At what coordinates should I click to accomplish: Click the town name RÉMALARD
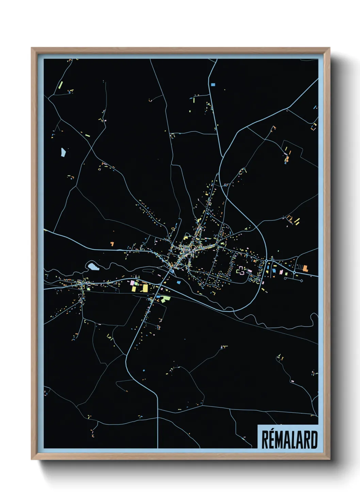tap(290, 440)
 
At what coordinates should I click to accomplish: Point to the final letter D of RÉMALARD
tap(313, 440)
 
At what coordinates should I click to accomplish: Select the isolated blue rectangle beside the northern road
tap(213, 84)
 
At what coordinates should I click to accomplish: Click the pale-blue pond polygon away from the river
tap(63, 152)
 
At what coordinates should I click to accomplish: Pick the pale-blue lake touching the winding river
tap(93, 266)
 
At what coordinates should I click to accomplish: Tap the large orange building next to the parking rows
tap(305, 268)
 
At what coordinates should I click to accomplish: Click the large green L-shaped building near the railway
tap(166, 299)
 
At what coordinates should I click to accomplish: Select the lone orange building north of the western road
tap(112, 244)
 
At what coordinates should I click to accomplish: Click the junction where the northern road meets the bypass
tap(222, 158)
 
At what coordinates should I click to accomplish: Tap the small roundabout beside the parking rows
tap(294, 273)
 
